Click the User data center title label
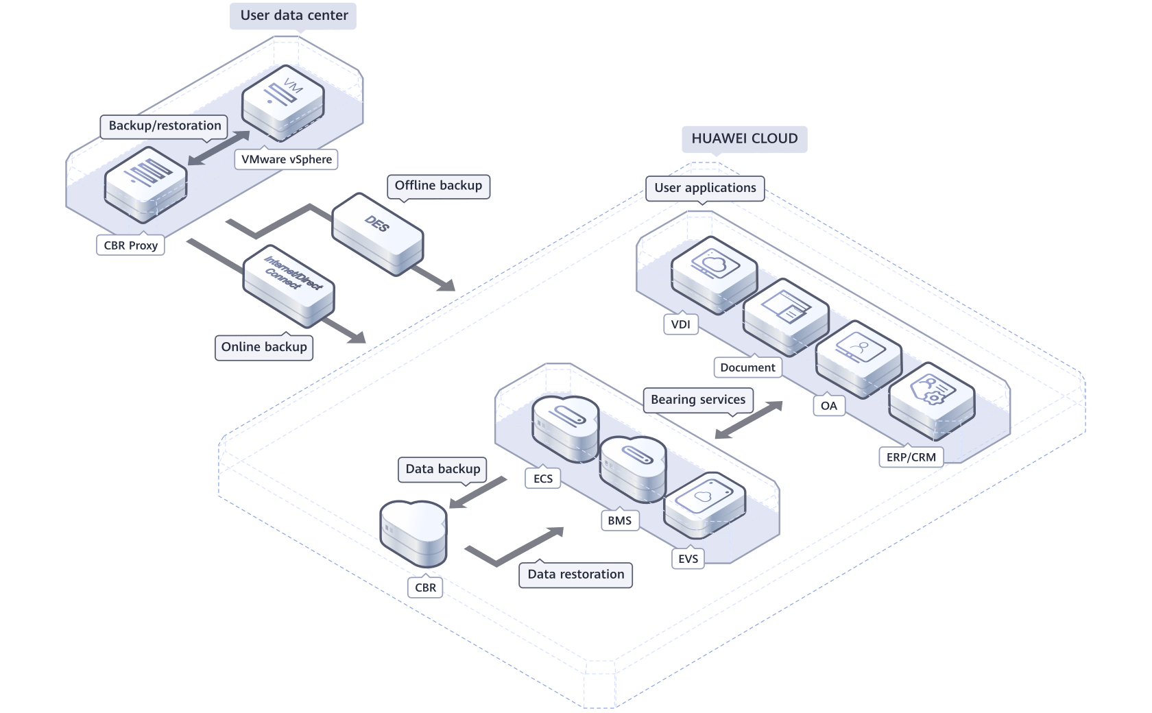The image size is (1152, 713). tap(293, 15)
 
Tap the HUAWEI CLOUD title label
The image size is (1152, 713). tap(744, 138)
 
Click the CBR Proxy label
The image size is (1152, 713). tap(130, 245)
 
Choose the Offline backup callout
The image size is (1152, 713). tap(438, 186)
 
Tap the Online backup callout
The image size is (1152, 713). tap(264, 347)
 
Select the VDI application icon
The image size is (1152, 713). tap(713, 273)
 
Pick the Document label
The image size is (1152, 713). tap(747, 367)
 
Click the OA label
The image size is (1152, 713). tap(828, 406)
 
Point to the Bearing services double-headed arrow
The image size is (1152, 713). tap(748, 420)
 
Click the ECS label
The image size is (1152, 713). tap(542, 479)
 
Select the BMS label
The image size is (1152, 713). tap(619, 521)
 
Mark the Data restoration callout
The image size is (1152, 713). tap(576, 575)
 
